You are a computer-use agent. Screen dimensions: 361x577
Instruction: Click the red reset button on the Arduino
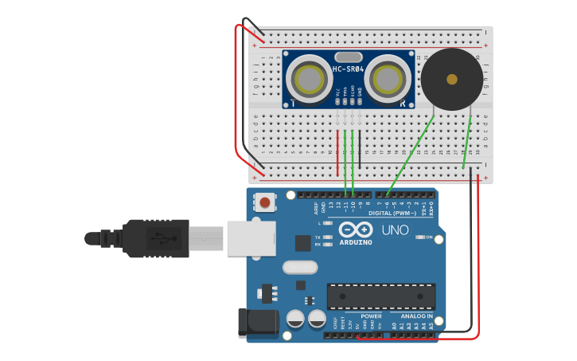(x=264, y=202)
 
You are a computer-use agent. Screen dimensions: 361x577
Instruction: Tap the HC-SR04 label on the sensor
(x=349, y=69)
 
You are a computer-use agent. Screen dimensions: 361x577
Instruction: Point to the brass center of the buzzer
(x=452, y=79)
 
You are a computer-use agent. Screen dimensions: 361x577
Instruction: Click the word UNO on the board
(x=395, y=230)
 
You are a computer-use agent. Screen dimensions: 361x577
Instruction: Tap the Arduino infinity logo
(x=355, y=230)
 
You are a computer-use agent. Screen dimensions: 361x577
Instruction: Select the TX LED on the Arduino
(x=328, y=237)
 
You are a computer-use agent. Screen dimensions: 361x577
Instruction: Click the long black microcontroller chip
(x=381, y=296)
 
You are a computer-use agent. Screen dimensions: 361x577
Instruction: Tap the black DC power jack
(x=259, y=321)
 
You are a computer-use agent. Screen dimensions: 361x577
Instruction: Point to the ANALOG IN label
(x=411, y=316)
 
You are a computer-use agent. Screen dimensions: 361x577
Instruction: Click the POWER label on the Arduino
(x=371, y=316)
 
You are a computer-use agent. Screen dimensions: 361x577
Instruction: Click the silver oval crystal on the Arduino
(x=300, y=267)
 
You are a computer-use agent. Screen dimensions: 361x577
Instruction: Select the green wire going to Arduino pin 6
(x=411, y=156)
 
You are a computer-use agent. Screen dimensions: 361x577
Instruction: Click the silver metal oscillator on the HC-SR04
(x=349, y=57)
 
